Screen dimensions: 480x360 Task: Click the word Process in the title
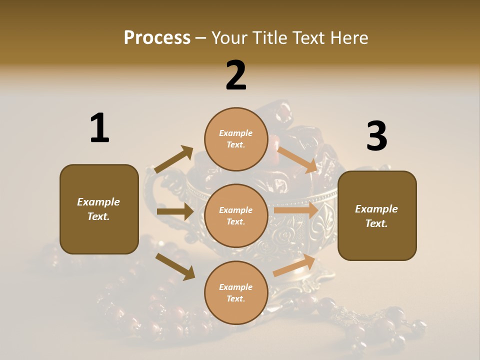click(157, 37)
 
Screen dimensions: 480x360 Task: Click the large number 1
click(99, 128)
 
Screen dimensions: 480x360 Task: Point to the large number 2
click(236, 75)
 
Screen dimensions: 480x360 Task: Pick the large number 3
click(376, 136)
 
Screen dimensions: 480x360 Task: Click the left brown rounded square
click(99, 209)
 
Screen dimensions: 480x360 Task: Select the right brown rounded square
click(377, 215)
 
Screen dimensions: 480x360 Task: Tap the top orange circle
click(235, 138)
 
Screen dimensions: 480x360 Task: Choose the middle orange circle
click(235, 215)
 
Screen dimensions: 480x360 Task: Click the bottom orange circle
click(235, 292)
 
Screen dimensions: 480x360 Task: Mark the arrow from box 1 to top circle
click(174, 159)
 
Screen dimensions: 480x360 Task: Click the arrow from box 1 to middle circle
click(174, 211)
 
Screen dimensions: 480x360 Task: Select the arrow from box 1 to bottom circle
click(175, 266)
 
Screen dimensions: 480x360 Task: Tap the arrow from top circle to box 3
click(297, 159)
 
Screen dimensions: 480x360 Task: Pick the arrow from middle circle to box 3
click(296, 210)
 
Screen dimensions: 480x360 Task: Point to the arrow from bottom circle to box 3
click(294, 265)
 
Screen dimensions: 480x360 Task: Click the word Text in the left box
click(98, 216)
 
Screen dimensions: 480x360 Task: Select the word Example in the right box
click(376, 209)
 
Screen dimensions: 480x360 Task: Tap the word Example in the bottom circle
click(235, 287)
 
